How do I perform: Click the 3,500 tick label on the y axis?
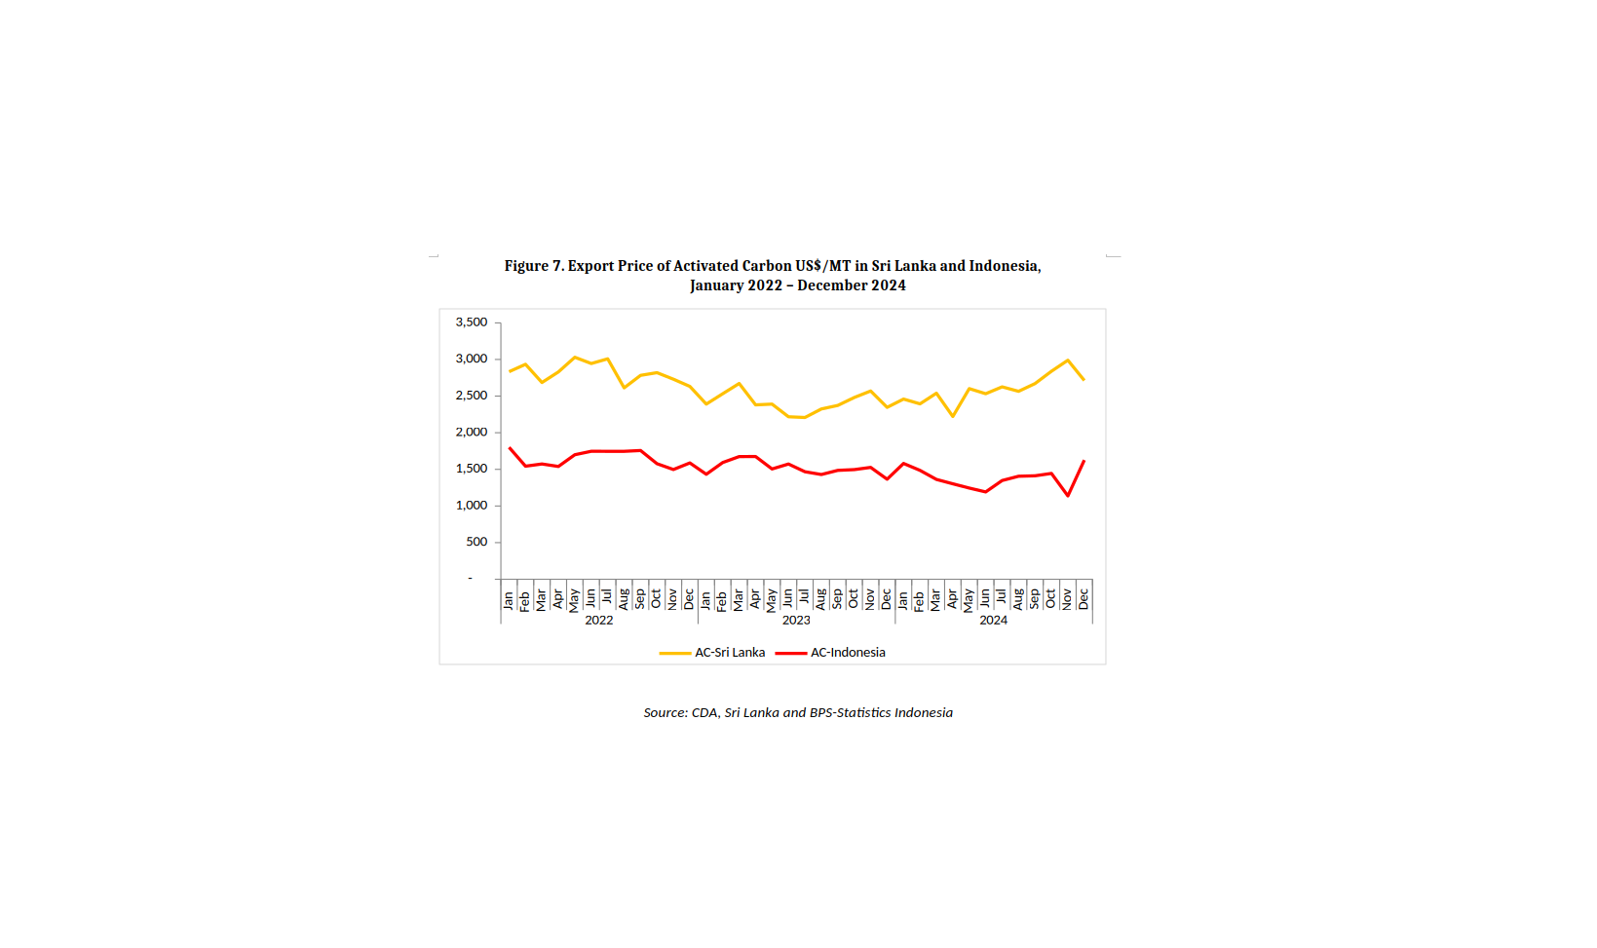(x=472, y=322)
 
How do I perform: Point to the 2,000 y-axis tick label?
(x=472, y=433)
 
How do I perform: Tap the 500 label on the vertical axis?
(x=476, y=543)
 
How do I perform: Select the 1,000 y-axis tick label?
(x=472, y=506)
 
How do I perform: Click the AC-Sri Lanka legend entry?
(x=729, y=653)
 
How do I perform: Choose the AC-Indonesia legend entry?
(x=848, y=653)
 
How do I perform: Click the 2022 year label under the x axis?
(x=598, y=621)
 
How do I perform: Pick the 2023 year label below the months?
(x=796, y=621)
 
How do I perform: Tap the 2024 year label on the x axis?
(x=993, y=621)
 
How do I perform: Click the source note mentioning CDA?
(x=798, y=713)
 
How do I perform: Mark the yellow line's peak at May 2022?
(x=575, y=358)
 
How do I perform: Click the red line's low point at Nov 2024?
(x=1068, y=495)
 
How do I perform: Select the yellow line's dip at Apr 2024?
(x=953, y=416)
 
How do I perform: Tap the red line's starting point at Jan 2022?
(x=510, y=448)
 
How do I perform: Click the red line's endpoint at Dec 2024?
(x=1084, y=461)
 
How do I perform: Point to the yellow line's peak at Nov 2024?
(x=1068, y=360)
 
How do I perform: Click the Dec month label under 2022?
(x=690, y=598)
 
